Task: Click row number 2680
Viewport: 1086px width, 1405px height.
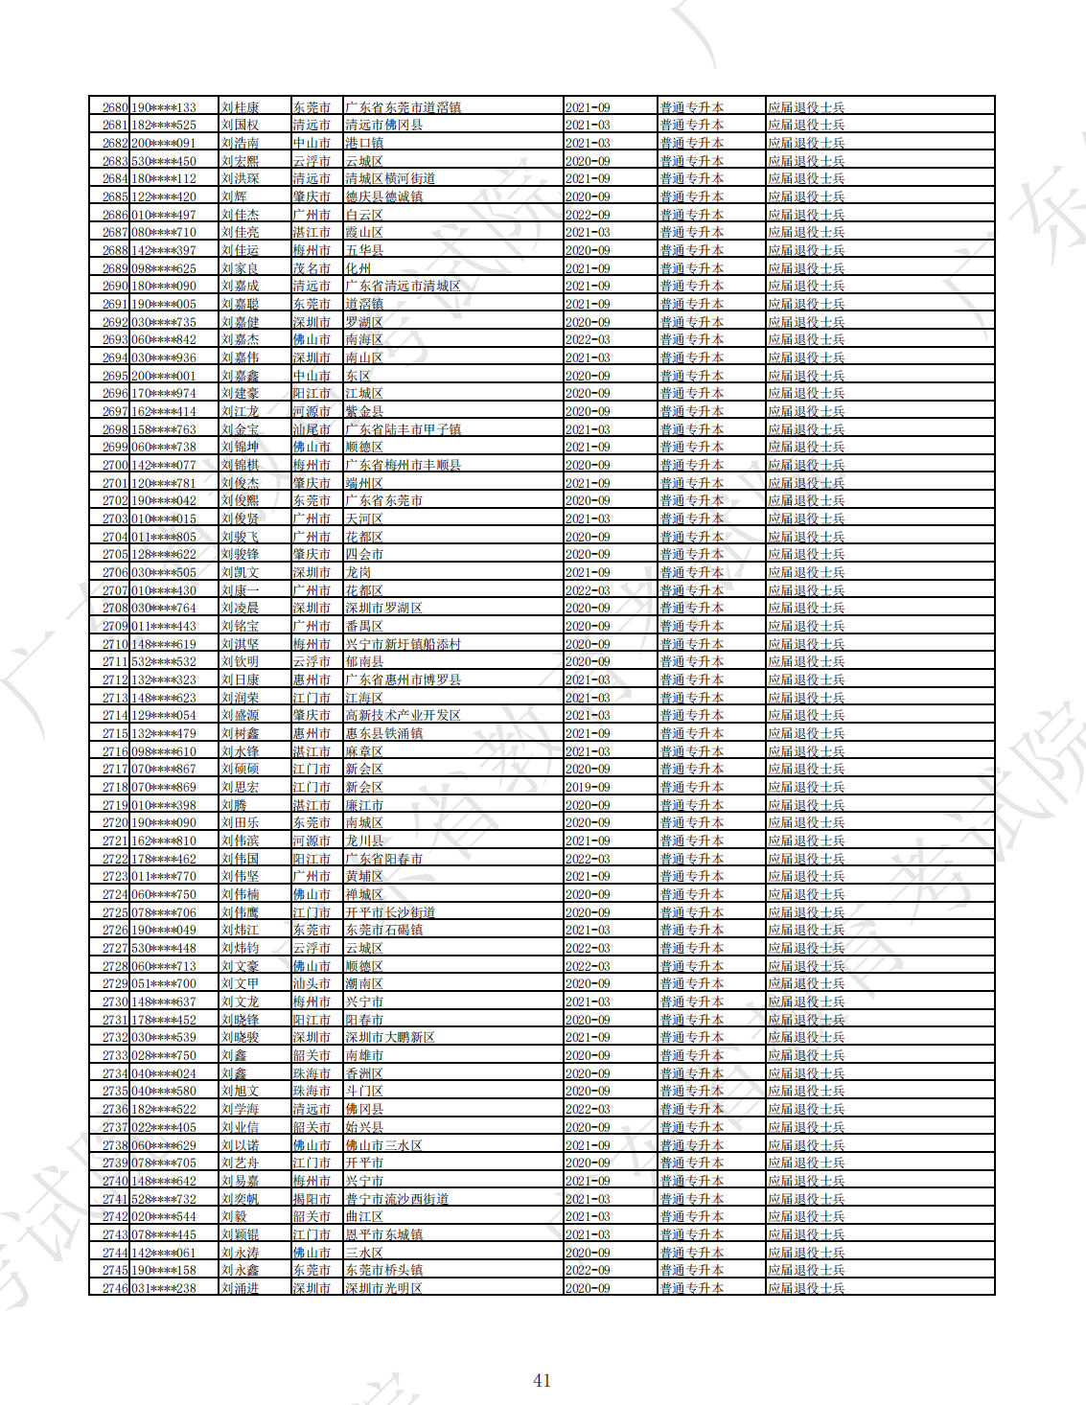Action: point(115,107)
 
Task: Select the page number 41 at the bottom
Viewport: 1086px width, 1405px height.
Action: point(542,1380)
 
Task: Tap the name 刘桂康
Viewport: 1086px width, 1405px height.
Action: point(240,107)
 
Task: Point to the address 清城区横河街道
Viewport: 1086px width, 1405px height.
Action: point(390,178)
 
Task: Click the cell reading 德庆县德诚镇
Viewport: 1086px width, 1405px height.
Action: point(383,196)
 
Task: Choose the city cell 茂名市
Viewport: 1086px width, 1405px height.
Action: point(312,268)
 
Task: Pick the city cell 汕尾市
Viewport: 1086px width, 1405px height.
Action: point(312,429)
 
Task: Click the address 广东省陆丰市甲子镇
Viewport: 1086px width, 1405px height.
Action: point(403,429)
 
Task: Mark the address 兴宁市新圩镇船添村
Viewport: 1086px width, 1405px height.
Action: point(403,644)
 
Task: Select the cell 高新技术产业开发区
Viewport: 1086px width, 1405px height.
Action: point(403,715)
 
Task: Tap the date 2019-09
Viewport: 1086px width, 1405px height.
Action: point(588,787)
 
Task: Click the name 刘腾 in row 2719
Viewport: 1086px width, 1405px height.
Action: point(234,805)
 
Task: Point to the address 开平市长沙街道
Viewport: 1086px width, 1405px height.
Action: point(390,912)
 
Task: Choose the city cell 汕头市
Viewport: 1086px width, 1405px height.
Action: point(312,983)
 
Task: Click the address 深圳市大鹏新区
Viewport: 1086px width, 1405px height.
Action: point(390,1037)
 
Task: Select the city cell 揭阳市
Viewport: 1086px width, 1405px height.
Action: point(312,1199)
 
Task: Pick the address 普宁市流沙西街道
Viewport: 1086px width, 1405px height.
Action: point(397,1199)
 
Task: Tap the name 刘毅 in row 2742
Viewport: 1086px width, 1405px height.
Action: point(234,1216)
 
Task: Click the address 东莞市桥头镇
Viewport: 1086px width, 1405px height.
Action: point(383,1270)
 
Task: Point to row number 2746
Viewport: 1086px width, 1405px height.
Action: point(115,1288)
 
